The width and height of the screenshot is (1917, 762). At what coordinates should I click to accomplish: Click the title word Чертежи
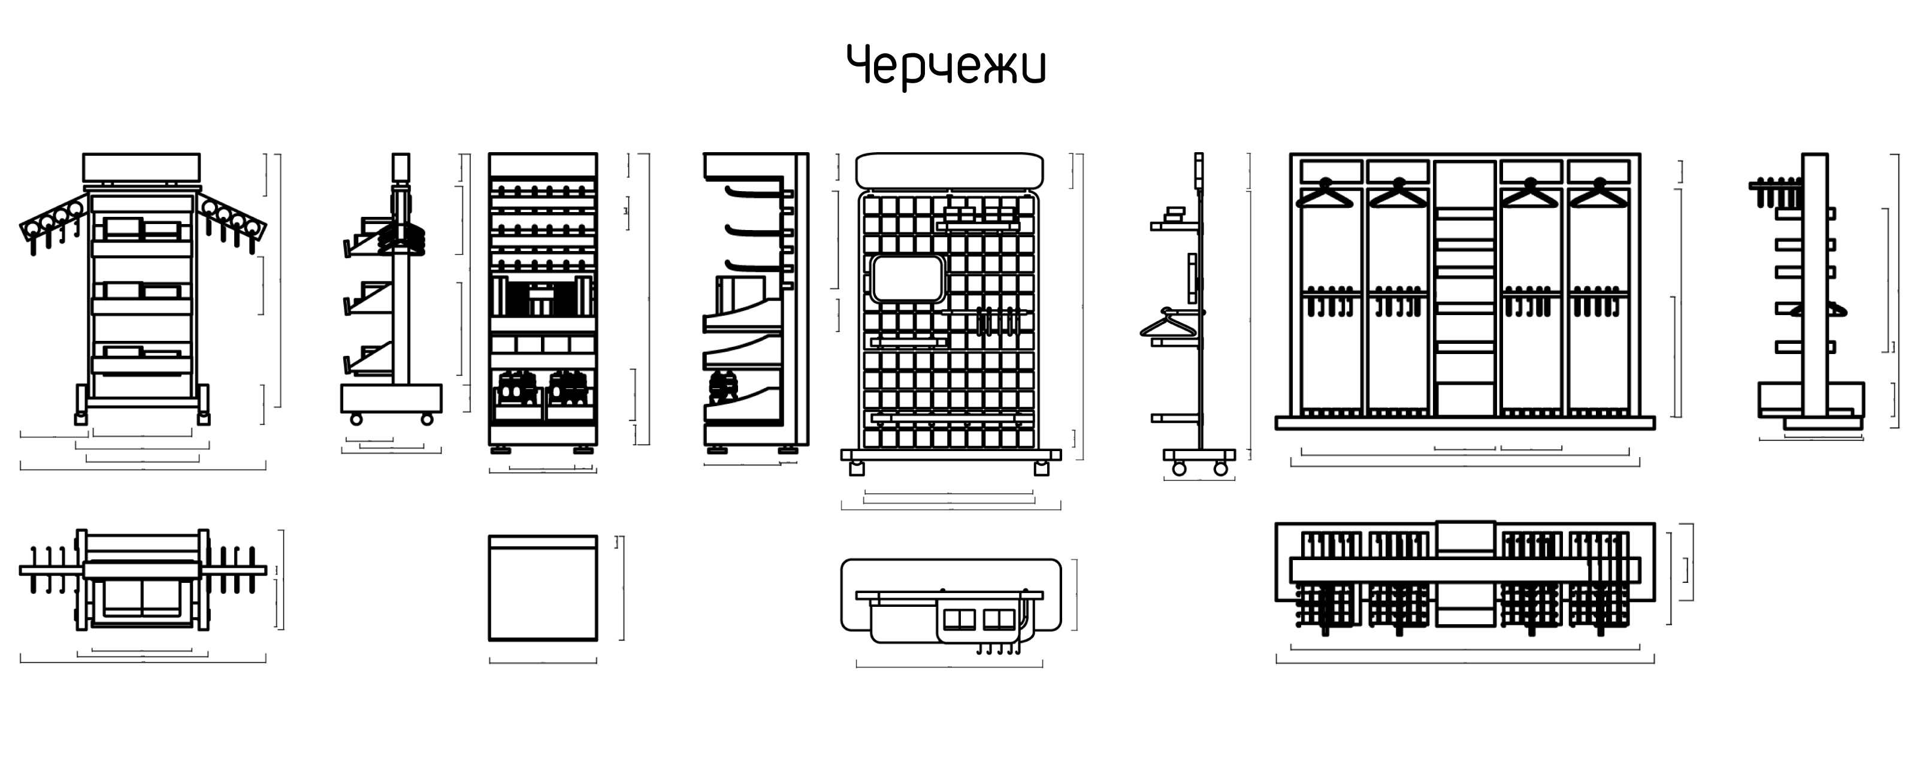click(946, 65)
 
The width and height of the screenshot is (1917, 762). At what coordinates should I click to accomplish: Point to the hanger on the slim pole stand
click(1168, 323)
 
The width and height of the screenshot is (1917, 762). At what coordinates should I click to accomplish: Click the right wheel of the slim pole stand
click(1220, 468)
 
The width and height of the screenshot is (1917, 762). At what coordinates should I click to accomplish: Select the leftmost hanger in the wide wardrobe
click(1325, 195)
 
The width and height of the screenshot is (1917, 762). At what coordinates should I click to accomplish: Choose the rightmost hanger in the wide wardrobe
click(1599, 195)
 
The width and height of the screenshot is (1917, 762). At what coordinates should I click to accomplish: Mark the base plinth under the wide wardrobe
click(1465, 424)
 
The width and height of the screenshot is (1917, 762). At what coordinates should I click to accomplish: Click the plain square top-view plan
click(543, 588)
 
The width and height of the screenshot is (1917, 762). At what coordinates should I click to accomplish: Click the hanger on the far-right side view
click(1819, 310)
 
